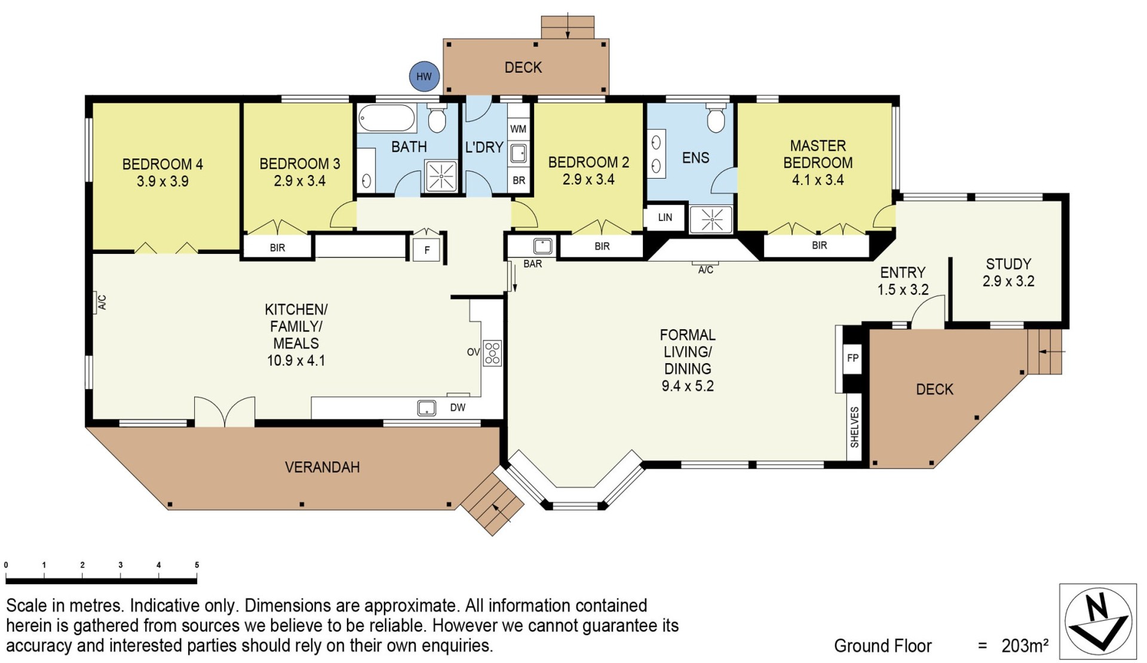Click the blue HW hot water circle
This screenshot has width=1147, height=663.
coord(424,76)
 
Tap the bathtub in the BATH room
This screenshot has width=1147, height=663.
coord(387,118)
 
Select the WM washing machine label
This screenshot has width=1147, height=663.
coord(519,129)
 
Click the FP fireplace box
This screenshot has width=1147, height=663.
coord(852,358)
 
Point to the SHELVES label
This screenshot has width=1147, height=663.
coord(854,427)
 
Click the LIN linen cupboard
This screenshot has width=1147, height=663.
coord(665,217)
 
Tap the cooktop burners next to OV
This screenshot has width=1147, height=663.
coord(492,353)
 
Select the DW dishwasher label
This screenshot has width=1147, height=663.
coord(458,408)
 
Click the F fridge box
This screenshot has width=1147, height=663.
coord(427,250)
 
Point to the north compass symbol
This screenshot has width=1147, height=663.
coord(1098,622)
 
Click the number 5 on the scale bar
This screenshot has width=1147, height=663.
coord(197,565)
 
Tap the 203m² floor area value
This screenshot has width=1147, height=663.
coord(1025,646)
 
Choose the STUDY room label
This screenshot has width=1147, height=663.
coord(1008,264)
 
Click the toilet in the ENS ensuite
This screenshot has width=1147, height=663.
coord(716,118)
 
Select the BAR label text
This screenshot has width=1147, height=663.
coord(533,264)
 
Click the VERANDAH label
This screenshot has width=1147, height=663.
coord(323,467)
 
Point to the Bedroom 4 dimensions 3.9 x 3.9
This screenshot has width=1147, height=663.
coord(162,182)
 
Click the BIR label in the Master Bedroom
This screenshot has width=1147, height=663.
coord(820,245)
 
